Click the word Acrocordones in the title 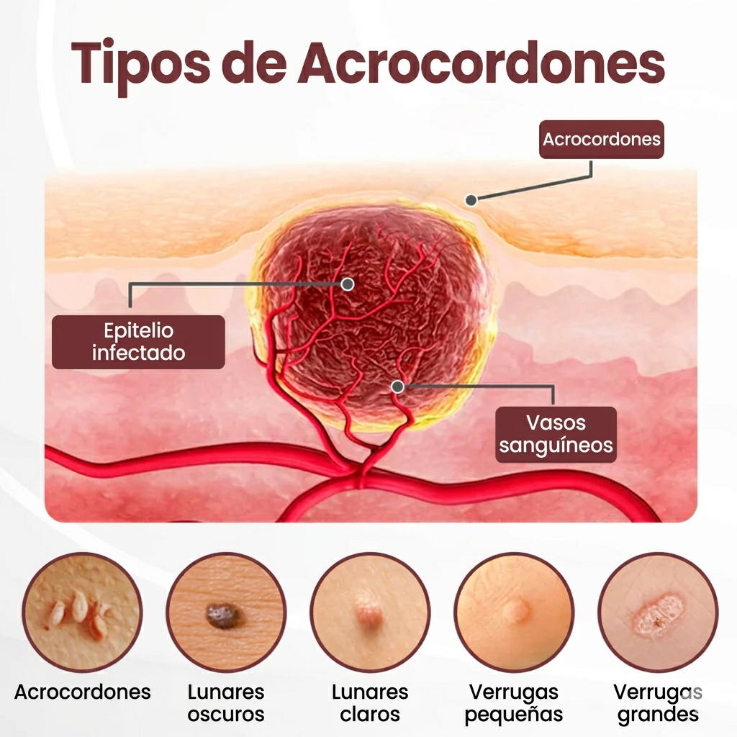click(x=481, y=63)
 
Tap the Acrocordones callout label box click(x=601, y=139)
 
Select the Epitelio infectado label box click(x=138, y=342)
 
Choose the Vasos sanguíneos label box click(x=556, y=434)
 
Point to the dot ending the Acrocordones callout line click(x=471, y=200)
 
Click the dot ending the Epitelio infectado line click(x=348, y=284)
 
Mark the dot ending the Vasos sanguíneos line click(x=397, y=387)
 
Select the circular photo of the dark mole click(x=226, y=612)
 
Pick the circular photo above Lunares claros click(x=370, y=612)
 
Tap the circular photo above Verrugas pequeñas click(x=514, y=612)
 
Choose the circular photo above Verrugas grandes click(x=658, y=612)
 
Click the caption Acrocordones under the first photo click(x=82, y=692)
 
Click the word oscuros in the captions click(x=226, y=715)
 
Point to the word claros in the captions click(x=370, y=715)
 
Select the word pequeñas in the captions click(x=514, y=715)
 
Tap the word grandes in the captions click(x=658, y=715)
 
